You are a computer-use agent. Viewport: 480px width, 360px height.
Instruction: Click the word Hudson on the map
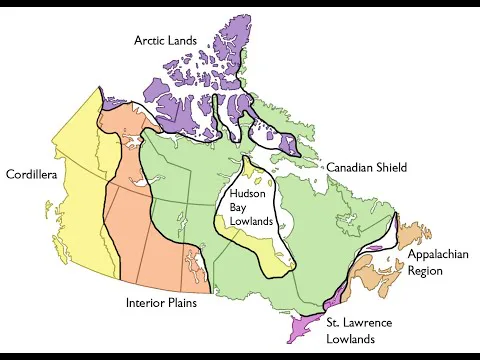tap(247, 193)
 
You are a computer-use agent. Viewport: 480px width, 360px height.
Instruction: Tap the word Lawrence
tap(379, 322)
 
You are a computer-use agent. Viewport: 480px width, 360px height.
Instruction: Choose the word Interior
tap(146, 302)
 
